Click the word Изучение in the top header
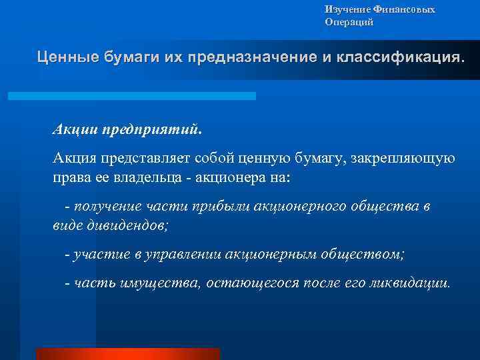(343, 9)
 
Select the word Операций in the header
(349, 22)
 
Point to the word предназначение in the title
(254, 57)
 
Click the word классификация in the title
(397, 57)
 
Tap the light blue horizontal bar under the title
(132, 96)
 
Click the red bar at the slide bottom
(128, 353)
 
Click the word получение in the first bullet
(106, 207)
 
